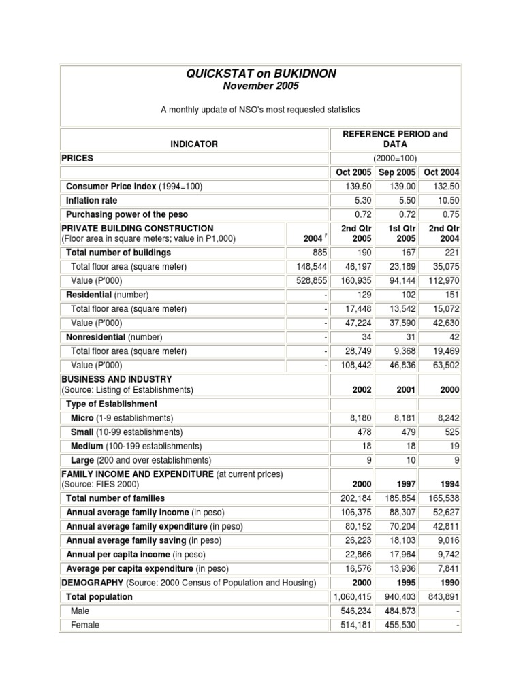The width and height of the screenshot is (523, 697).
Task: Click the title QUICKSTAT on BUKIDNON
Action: coord(261,74)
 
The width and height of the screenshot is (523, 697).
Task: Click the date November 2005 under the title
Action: coord(261,86)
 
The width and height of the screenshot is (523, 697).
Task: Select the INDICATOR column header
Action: coord(194,144)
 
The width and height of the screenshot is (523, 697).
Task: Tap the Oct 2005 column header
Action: coord(351,172)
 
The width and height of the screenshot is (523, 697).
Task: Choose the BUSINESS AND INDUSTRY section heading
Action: coord(116,379)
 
